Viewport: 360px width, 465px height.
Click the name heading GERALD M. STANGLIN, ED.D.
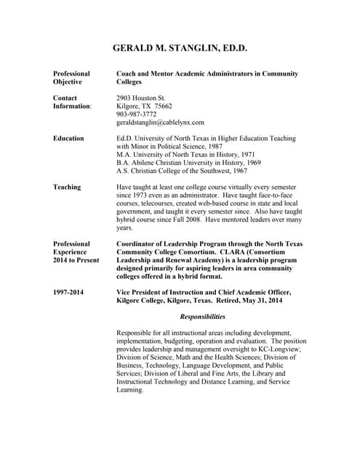pyautogui.click(x=180, y=49)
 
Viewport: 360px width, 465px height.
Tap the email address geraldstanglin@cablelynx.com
pyautogui.click(x=160, y=122)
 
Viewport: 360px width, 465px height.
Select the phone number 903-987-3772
pyautogui.click(x=136, y=114)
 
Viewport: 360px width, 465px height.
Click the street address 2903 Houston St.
pyautogui.click(x=141, y=97)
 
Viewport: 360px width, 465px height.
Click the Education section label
pyautogui.click(x=68, y=138)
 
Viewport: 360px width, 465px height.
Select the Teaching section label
pyautogui.click(x=67, y=187)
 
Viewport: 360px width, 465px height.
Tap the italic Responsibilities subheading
pyautogui.click(x=202, y=317)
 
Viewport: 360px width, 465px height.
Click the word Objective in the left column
pyautogui.click(x=68, y=82)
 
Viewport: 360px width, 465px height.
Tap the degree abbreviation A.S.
pyautogui.click(x=123, y=171)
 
